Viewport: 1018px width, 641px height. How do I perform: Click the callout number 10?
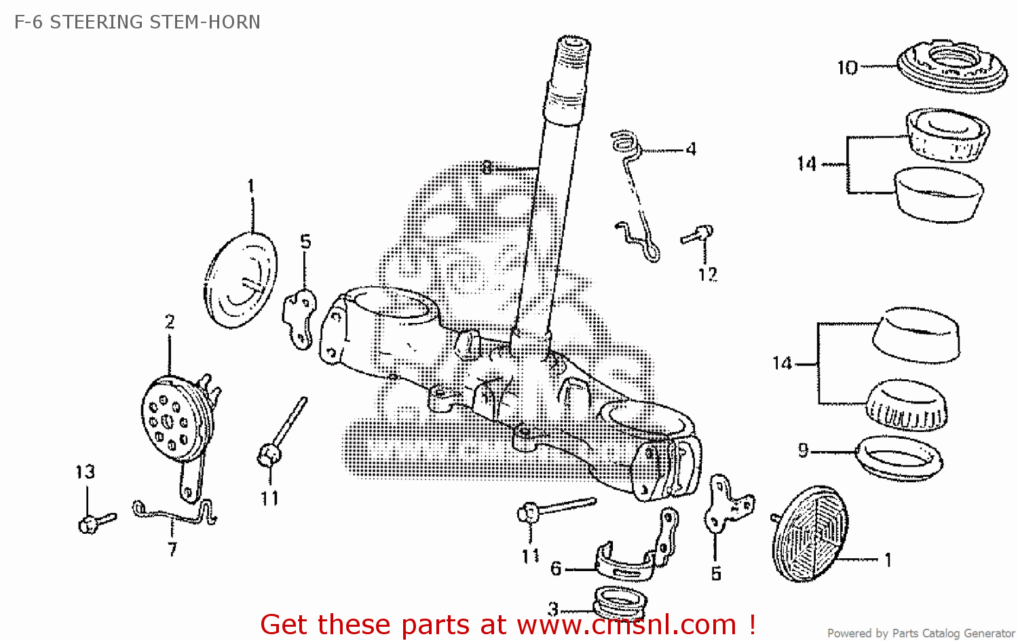847,68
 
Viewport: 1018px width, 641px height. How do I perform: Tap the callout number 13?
85,472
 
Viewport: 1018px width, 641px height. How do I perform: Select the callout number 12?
707,275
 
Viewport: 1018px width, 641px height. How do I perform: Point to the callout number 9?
804,450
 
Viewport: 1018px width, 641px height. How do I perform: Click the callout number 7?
172,549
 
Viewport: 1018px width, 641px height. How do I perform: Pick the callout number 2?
170,322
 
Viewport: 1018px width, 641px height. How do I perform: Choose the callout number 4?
691,149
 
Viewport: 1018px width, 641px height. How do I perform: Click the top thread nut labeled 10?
951,66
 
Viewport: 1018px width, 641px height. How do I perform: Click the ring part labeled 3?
619,603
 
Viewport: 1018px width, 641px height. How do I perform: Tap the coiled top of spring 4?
625,142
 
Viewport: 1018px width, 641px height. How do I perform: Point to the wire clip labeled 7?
173,513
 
